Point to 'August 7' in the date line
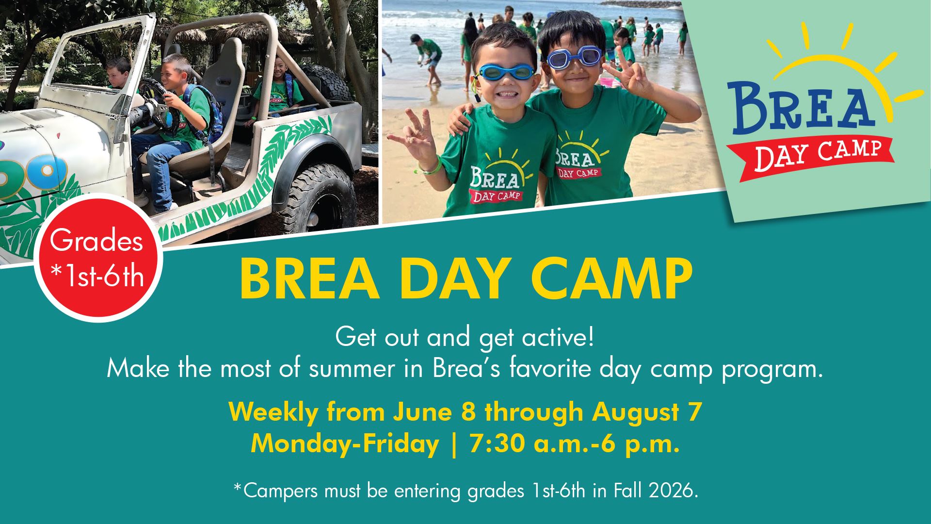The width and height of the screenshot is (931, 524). coord(647,412)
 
